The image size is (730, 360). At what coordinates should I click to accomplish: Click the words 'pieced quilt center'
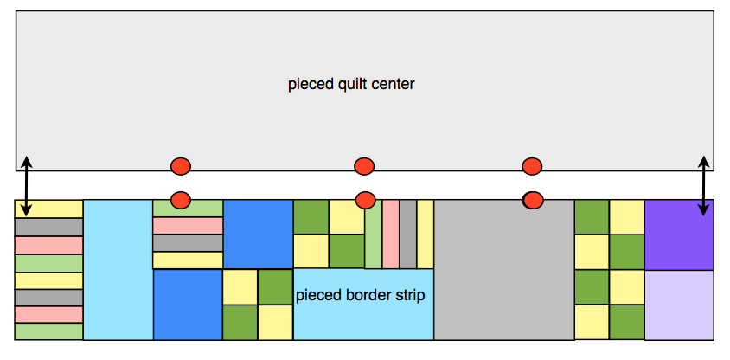[351, 84]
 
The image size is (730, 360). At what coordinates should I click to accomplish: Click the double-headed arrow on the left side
[27, 186]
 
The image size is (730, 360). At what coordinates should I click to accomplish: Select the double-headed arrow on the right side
[704, 186]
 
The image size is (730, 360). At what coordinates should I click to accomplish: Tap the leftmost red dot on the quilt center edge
[180, 165]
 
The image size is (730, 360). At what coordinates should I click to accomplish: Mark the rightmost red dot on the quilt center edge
[532, 165]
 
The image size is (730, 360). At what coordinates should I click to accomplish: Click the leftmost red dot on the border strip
[180, 200]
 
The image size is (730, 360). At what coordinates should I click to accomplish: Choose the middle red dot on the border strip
[365, 200]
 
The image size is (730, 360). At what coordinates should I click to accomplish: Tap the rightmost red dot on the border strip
[533, 200]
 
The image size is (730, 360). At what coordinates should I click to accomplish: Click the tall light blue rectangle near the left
[118, 269]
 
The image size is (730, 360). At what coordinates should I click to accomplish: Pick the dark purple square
[679, 235]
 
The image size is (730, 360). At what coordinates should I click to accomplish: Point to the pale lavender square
[679, 305]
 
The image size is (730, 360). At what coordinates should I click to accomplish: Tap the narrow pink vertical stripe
[391, 234]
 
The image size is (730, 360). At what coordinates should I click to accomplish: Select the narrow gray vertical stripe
[408, 234]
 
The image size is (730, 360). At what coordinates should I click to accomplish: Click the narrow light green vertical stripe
[373, 234]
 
